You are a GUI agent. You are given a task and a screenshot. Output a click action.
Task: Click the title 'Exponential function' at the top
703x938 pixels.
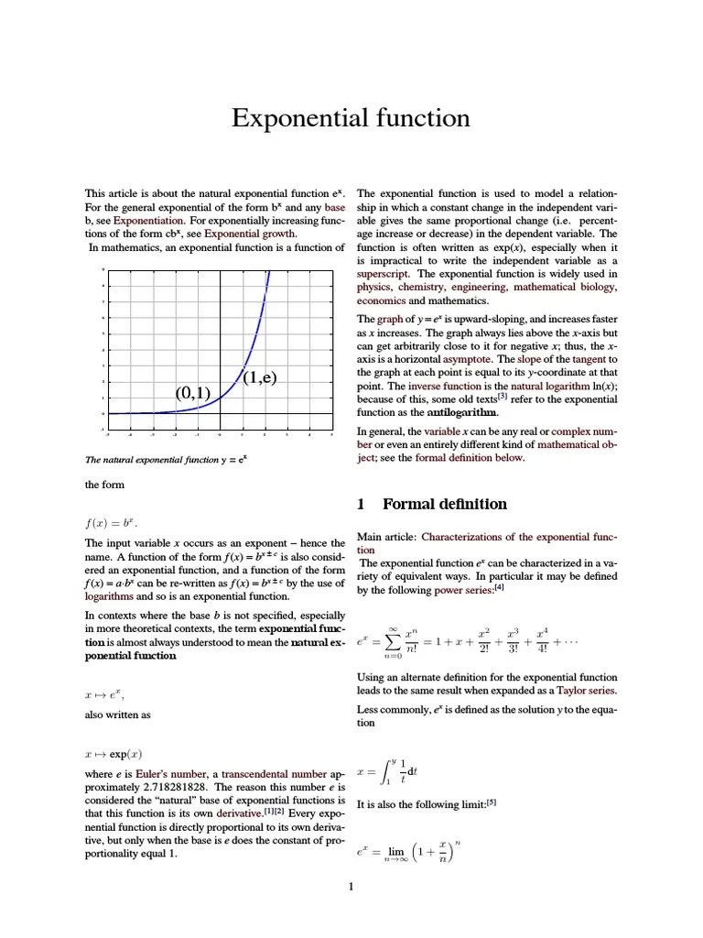tap(351, 118)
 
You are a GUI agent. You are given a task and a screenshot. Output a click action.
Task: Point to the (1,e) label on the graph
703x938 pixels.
tap(259, 377)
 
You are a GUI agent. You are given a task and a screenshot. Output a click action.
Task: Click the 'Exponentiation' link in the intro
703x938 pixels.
tap(149, 220)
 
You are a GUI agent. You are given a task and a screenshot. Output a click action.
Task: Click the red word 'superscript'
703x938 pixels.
tap(384, 273)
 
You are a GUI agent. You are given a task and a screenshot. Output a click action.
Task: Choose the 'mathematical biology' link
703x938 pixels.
tap(565, 287)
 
